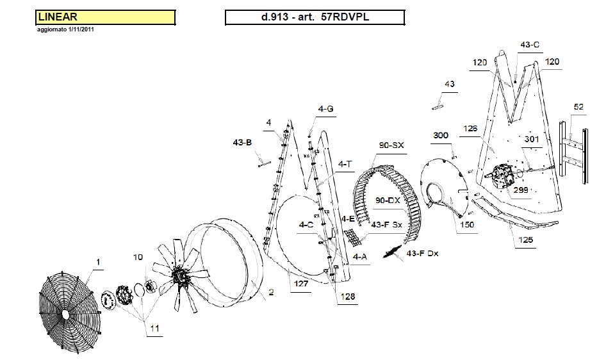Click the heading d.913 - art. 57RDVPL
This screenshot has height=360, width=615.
tap(315, 17)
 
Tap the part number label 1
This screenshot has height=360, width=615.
tap(98, 262)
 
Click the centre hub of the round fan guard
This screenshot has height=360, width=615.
tap(66, 315)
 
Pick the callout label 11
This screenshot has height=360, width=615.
tap(155, 328)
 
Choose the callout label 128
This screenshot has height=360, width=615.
tap(348, 297)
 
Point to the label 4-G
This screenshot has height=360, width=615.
tap(325, 110)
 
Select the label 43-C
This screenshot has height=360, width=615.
tap(530, 45)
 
